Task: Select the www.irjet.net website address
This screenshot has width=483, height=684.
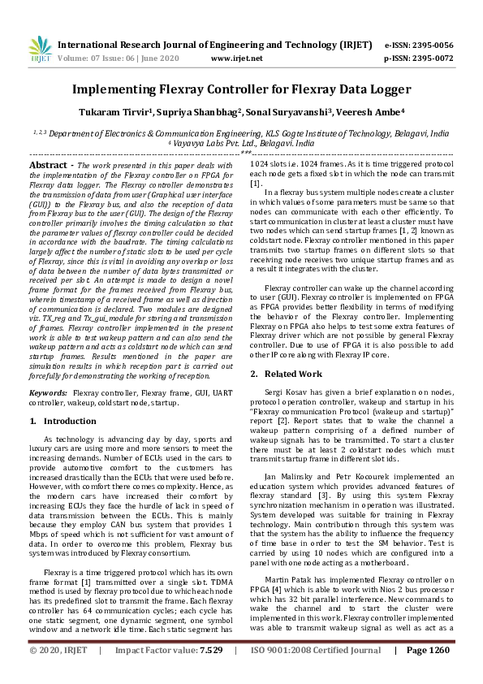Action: (235, 58)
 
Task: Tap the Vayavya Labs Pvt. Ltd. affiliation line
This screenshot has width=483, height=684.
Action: (241, 141)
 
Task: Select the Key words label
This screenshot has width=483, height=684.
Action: (48, 392)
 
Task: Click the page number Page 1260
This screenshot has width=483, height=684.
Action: (427, 673)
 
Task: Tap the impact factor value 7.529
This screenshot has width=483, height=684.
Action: (211, 673)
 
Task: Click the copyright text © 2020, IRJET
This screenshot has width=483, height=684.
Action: (57, 673)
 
